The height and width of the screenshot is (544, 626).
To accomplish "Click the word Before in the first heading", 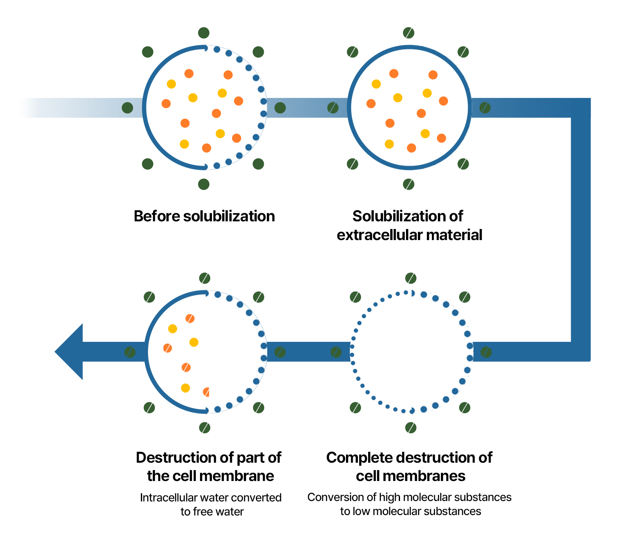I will point(157,216).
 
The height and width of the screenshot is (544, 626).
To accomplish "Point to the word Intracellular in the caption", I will point(169,498).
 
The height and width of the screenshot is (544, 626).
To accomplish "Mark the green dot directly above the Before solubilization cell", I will point(204,33).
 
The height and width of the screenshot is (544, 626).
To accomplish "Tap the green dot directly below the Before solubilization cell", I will point(204,184).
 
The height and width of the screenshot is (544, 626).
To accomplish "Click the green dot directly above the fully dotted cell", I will point(411,278).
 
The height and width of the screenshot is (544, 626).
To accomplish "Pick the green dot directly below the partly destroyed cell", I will point(205,427).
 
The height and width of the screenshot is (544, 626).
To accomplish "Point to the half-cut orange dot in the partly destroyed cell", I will point(206,392).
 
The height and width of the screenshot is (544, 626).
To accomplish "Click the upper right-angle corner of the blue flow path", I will point(580,108).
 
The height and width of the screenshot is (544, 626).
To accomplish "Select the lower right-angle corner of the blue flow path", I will point(580,352).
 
